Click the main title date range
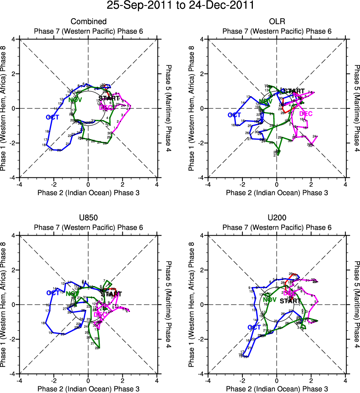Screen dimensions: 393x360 (180, 6)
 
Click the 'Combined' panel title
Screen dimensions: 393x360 (88, 22)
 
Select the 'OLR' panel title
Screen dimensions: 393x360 (277, 22)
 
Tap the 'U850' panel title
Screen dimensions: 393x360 (88, 218)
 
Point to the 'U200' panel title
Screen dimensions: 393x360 (277, 218)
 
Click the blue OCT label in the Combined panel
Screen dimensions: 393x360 (53, 117)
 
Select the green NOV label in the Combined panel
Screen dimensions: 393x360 (75, 100)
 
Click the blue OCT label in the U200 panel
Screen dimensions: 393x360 (254, 327)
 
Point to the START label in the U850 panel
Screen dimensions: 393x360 (110, 294)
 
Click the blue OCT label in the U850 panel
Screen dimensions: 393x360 (53, 293)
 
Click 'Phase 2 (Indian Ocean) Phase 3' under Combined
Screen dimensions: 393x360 (88, 193)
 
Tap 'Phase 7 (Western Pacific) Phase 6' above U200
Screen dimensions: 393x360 (277, 227)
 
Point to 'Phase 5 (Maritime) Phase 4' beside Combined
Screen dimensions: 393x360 (169, 108)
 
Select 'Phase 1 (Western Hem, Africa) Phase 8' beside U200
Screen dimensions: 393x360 (191, 304)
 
